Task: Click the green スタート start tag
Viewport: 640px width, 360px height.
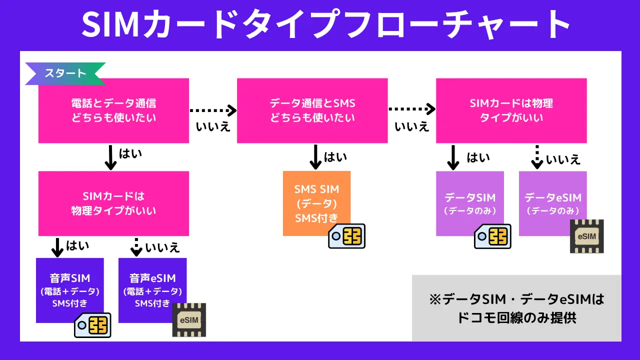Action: pos(65,73)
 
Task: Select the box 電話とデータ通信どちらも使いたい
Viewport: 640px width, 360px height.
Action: pos(113,110)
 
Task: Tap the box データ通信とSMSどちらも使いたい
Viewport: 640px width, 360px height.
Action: pos(312,110)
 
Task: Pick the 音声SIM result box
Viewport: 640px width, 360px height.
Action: pos(70,285)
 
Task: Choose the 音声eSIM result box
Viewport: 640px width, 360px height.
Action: pos(152,285)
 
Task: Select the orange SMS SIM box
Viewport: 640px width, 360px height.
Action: pos(316,200)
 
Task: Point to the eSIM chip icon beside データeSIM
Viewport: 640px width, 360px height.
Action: pos(587,236)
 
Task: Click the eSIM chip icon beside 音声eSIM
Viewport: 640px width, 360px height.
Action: pos(189,319)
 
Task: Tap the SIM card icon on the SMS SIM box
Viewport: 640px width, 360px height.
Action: pos(347,235)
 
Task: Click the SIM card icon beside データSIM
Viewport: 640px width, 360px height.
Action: pos(492,236)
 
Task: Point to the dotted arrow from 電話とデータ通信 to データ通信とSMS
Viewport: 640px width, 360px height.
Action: pos(212,109)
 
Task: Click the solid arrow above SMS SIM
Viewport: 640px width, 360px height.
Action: pos(315,157)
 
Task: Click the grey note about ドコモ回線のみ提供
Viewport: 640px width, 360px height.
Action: pos(516,308)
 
